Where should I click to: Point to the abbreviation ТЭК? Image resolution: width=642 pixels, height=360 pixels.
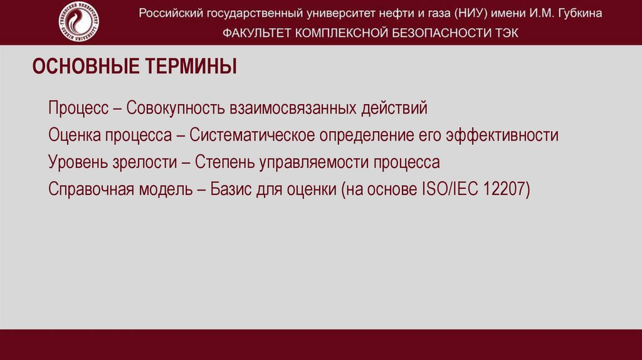coord(506,33)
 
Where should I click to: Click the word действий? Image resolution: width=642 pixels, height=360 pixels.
coord(394,108)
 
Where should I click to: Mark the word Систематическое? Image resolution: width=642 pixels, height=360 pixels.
coord(253,135)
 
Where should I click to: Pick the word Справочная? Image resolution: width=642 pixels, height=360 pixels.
coord(90,189)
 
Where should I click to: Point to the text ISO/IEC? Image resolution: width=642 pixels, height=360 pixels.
coord(446,189)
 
